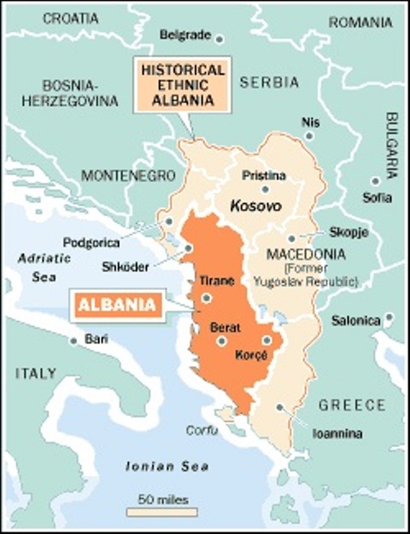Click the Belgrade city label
pos(184,35)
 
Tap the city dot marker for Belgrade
pos(219,38)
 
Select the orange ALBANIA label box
pos(116,305)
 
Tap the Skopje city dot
pos(291,239)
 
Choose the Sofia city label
pos(377,198)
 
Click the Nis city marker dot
pos(308,136)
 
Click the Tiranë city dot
pos(207,298)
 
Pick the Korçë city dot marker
pos(266,340)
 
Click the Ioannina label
pos(337,433)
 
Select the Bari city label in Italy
pos(97,340)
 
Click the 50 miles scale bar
pos(162,512)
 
